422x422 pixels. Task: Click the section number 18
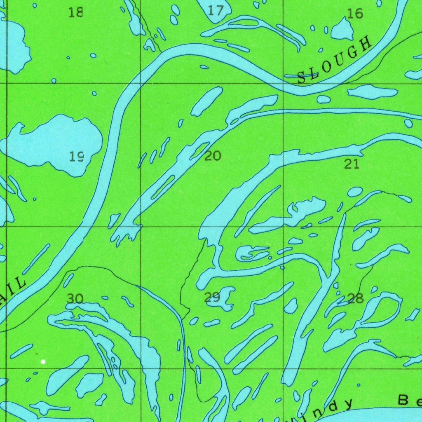[x=76, y=12]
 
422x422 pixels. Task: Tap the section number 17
[x=215, y=10]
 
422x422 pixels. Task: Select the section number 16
[x=355, y=14]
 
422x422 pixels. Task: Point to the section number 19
[x=77, y=157]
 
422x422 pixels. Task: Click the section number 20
[x=213, y=156]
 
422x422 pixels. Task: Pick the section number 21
[x=352, y=164]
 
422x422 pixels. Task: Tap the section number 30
[x=75, y=298]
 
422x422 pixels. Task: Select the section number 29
[x=212, y=297]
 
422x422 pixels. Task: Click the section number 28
[x=355, y=298]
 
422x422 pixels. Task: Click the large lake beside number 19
[x=54, y=142]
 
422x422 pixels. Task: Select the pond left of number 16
[x=342, y=30]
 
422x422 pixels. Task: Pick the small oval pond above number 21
[x=354, y=192]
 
